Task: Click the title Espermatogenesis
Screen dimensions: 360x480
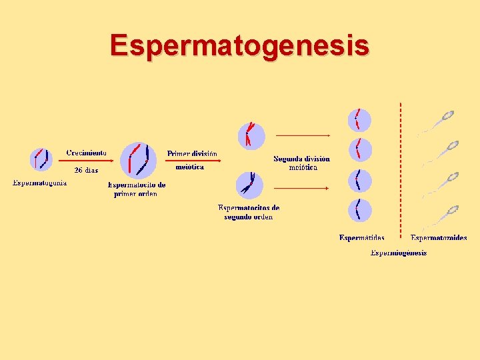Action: point(239,45)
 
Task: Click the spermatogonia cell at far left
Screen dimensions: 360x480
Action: point(41,159)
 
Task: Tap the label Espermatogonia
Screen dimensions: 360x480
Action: point(40,183)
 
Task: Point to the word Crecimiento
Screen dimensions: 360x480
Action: point(86,153)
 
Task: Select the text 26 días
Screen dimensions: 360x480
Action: point(86,170)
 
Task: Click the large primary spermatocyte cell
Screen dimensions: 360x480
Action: point(138,161)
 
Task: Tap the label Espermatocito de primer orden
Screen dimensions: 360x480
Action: point(137,189)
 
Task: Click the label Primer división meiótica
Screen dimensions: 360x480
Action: point(191,160)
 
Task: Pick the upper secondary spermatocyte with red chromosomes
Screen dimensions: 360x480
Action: point(251,135)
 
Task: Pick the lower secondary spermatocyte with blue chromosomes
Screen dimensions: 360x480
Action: point(250,185)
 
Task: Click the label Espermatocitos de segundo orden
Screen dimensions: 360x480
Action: point(249,212)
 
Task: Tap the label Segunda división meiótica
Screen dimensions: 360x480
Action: point(301,163)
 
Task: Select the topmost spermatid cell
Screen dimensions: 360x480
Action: point(359,120)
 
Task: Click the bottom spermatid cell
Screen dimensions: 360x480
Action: point(359,211)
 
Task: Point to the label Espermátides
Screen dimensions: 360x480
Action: point(361,237)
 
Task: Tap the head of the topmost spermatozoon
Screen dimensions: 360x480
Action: point(448,115)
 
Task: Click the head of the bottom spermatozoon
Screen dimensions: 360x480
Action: point(452,209)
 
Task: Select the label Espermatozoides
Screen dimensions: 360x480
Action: point(439,237)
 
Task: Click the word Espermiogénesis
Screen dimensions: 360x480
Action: point(398,252)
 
